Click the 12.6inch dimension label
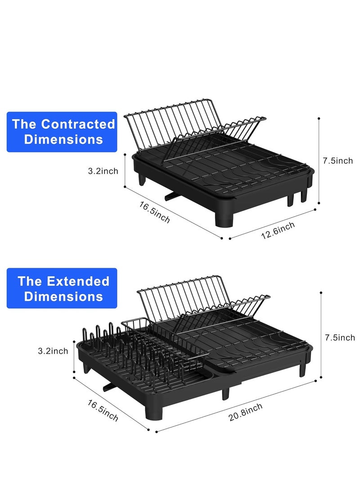[x=278, y=230]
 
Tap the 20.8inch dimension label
[x=245, y=412]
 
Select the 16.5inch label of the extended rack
[x=103, y=410]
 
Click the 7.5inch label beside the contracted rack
[x=338, y=161]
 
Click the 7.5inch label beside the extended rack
[x=340, y=338]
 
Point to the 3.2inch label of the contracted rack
[x=103, y=171]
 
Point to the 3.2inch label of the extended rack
[x=53, y=351]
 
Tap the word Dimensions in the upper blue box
[x=63, y=139]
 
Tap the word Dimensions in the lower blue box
[x=63, y=297]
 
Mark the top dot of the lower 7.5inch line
[x=321, y=293]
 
